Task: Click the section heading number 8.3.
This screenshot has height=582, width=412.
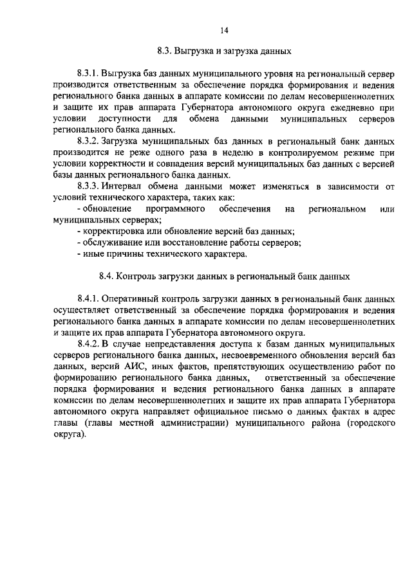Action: [165, 50]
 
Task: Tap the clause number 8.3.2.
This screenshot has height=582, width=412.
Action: [88, 140]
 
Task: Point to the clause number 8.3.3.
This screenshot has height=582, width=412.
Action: [88, 186]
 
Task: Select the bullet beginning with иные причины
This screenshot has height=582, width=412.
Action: [162, 253]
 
